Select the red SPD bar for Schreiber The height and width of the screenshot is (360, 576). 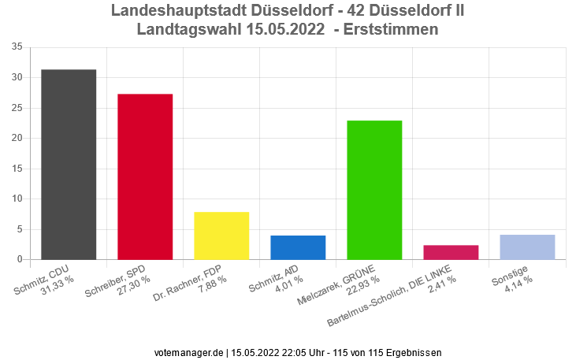pyautogui.click(x=145, y=176)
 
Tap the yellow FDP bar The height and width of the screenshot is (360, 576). pyautogui.click(x=221, y=236)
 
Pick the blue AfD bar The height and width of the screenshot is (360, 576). pyautogui.click(x=298, y=247)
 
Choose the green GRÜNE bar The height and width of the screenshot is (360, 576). pyautogui.click(x=374, y=190)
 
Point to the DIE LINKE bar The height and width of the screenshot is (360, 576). pyautogui.click(x=451, y=252)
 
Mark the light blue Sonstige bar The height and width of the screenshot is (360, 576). pyautogui.click(x=527, y=247)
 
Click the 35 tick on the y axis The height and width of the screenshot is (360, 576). pyautogui.click(x=17, y=47)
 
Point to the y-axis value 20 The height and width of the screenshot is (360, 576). pyautogui.click(x=17, y=138)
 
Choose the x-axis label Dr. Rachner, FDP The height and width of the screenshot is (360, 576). pyautogui.click(x=193, y=284)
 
